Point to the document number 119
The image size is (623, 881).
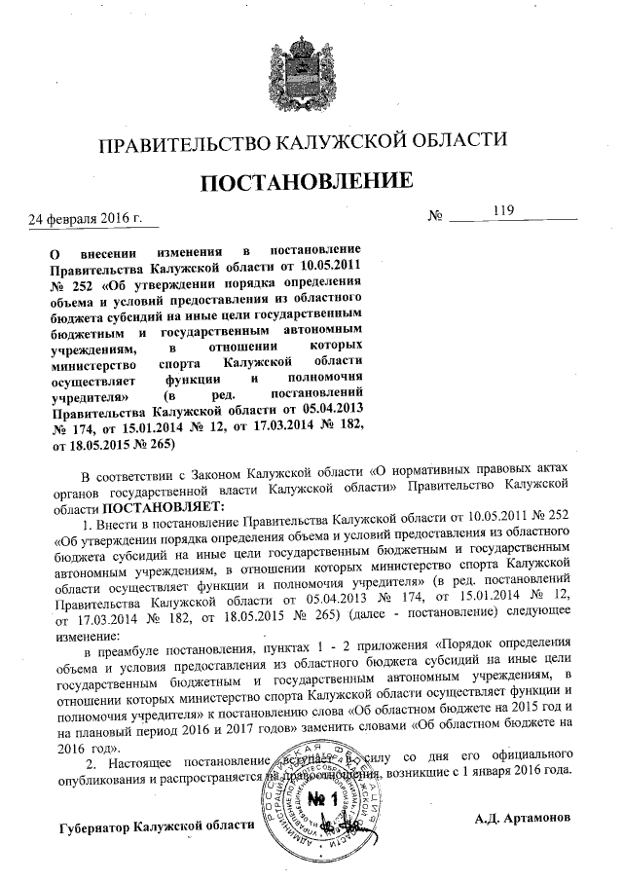coord(502,209)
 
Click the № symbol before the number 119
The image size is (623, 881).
coord(436,215)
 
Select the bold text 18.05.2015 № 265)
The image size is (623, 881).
coord(112,443)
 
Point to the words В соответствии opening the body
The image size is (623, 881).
coord(131,476)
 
